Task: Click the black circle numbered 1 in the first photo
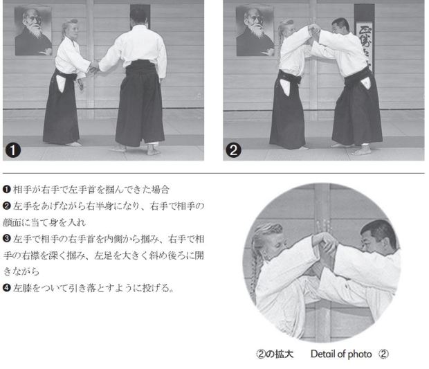13,150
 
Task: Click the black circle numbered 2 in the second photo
233,150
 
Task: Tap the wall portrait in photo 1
33,31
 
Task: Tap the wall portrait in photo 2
255,31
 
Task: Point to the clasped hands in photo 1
94,67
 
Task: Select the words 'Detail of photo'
341,354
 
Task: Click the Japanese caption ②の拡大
275,354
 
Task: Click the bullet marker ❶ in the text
6,189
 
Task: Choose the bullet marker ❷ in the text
6,206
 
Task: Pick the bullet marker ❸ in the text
6,239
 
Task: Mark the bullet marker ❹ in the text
6,288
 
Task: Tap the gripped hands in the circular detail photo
326,244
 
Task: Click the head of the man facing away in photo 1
138,16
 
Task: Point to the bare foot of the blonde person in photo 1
73,144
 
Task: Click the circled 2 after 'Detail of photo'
383,354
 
